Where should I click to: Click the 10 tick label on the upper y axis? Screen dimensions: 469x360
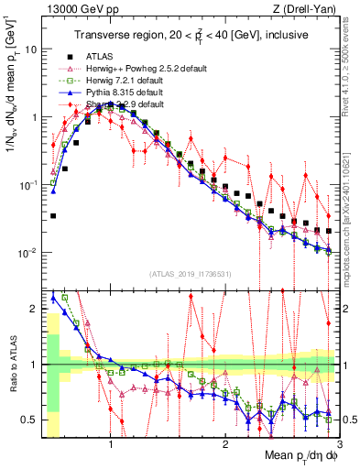pyautogui.click(x=29, y=49)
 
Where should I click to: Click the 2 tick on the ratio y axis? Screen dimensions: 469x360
pyautogui.click(x=33, y=309)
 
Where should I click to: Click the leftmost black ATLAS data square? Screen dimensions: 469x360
pyautogui.click(x=54, y=216)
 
